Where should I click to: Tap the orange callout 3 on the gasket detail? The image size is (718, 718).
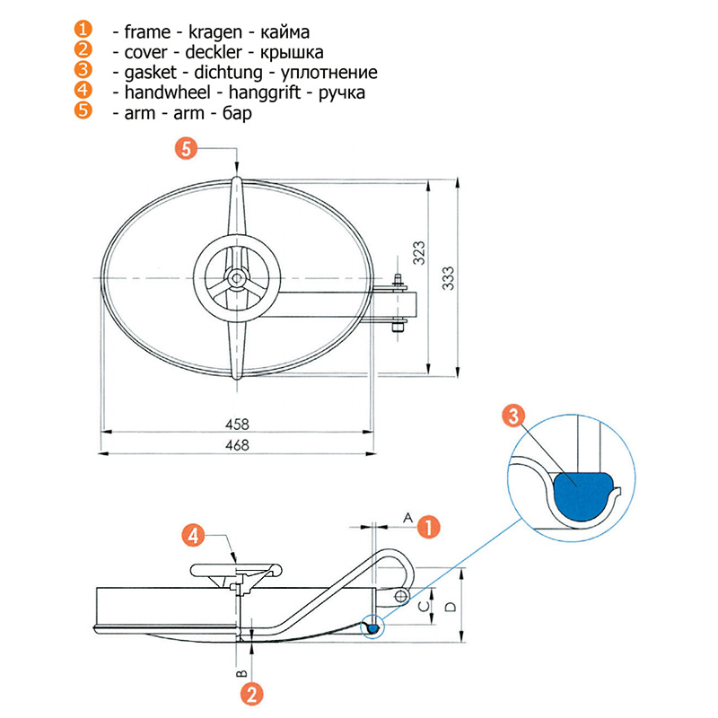(512, 415)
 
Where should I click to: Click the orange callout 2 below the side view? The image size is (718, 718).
(253, 693)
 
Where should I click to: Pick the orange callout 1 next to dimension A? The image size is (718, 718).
(430, 527)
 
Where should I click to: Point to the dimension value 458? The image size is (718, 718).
(237, 424)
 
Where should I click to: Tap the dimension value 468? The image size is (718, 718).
(237, 444)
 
